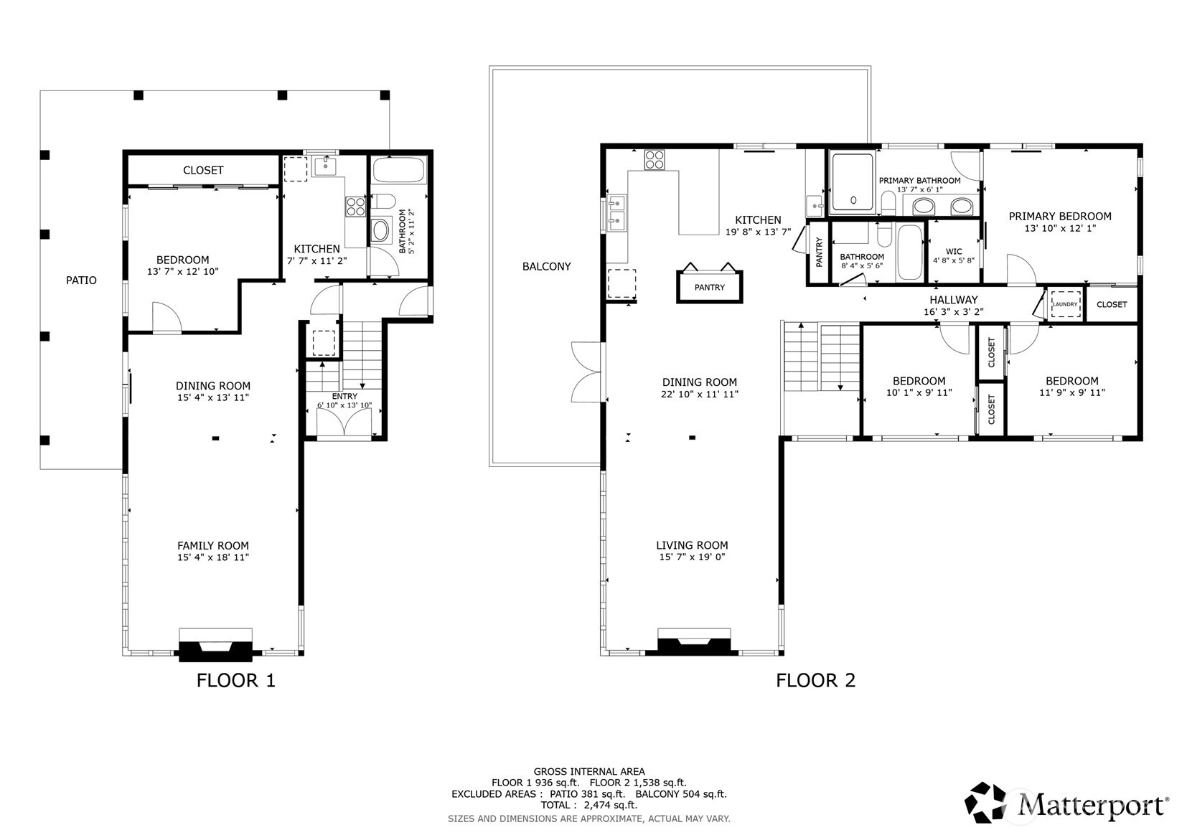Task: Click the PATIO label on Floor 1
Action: (81, 280)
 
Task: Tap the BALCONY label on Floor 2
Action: (546, 266)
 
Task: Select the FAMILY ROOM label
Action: (212, 545)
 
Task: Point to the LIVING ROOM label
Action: (692, 545)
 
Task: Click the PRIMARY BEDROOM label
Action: (1059, 216)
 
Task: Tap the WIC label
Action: (954, 252)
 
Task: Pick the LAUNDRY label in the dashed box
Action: (1065, 304)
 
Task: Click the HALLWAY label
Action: (954, 300)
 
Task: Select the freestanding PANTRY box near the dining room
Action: (709, 287)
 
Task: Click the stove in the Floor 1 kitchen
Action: (355, 207)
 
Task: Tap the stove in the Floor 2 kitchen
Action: (655, 160)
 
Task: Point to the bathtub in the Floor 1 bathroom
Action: (399, 170)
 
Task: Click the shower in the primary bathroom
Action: (852, 182)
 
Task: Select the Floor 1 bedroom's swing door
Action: (166, 318)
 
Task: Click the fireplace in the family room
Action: (215, 645)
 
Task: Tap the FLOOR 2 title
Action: (815, 681)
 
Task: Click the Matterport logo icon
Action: (985, 803)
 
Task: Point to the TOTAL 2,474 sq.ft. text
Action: (589, 805)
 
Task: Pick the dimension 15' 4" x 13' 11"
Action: (212, 397)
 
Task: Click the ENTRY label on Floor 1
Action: (344, 396)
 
